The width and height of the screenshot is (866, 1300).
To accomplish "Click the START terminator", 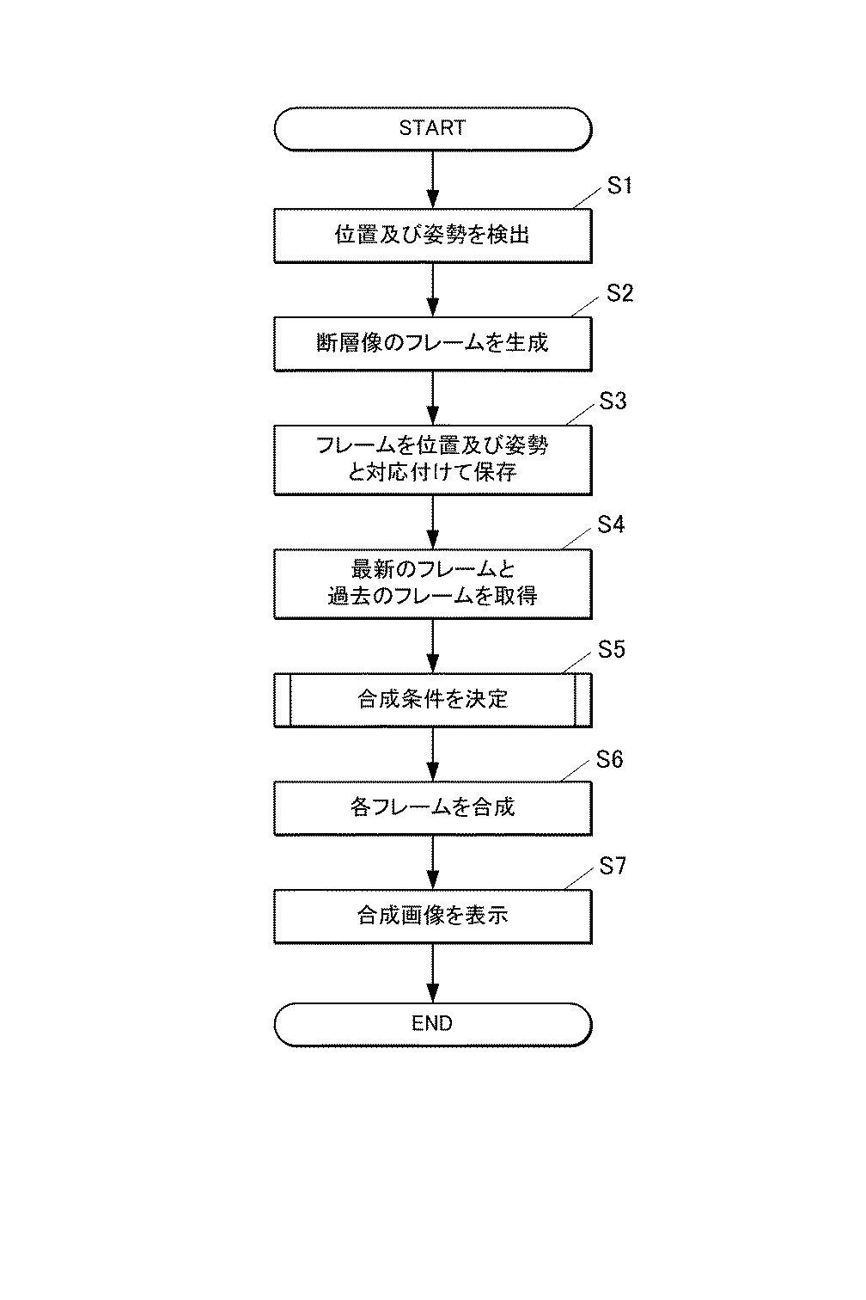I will [432, 129].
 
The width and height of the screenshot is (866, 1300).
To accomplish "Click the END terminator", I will [432, 1023].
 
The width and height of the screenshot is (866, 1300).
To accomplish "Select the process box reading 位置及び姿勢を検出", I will [432, 235].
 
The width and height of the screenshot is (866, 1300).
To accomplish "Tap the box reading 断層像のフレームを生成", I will [432, 343].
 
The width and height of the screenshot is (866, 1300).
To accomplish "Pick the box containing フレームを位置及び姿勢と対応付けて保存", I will [432, 459].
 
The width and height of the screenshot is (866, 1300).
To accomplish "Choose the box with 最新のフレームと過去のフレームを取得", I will [432, 583].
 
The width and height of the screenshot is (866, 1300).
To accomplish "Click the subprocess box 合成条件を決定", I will [432, 699].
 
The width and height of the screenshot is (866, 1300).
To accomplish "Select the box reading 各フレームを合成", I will [432, 807].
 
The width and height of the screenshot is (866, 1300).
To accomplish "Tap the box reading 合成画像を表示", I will [432, 915].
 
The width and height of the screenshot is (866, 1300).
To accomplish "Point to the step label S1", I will [619, 186].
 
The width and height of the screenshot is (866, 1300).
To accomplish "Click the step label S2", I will [619, 293].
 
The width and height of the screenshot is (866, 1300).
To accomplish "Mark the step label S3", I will [613, 402].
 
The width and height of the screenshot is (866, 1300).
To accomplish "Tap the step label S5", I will [611, 650].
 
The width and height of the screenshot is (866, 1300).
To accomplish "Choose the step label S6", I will [609, 760].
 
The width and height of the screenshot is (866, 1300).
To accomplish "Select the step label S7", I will [613, 867].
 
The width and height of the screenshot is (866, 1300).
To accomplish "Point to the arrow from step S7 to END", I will [432, 972].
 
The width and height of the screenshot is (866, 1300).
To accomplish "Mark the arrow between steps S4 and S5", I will [432, 645].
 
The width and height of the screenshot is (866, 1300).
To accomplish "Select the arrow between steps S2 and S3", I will [432, 397].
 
